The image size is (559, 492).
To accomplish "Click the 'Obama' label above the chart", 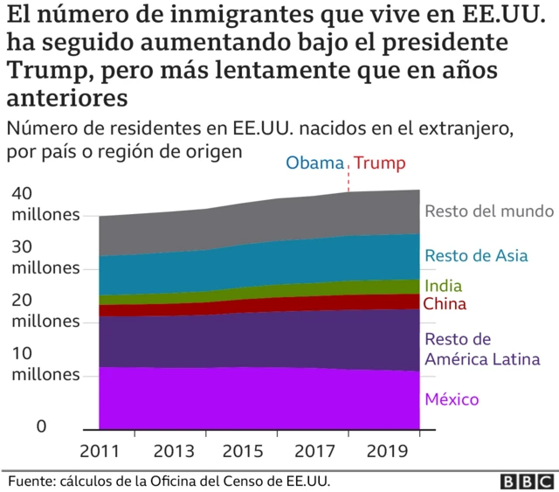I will point(317,163).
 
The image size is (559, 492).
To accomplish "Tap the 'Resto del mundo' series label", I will point(489,211).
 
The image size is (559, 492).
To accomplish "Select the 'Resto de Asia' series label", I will point(476,256).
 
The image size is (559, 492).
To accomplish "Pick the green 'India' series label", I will point(443,286).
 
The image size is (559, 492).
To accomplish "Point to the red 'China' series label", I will point(445,304).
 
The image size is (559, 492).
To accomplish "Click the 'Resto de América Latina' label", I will point(481,349).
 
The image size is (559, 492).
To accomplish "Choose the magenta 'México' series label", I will point(452,399).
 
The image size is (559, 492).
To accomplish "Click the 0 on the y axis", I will point(17,427).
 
